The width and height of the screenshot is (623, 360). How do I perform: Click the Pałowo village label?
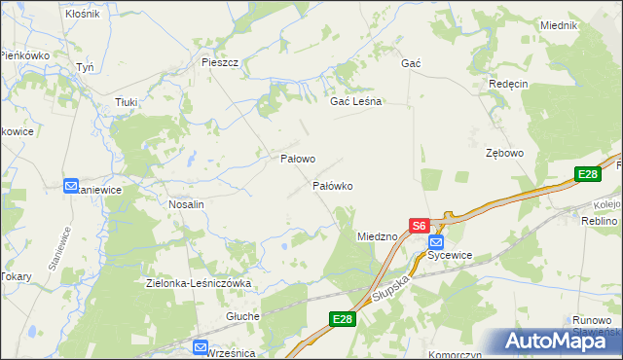tap(298, 158)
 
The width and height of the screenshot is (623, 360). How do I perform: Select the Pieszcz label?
tap(220, 62)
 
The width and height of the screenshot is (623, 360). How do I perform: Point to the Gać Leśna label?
tap(356, 101)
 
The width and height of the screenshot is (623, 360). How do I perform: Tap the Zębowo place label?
tap(505, 153)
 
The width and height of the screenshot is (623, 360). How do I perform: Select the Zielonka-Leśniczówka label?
tap(199, 283)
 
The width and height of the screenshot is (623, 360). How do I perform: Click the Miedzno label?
tap(377, 236)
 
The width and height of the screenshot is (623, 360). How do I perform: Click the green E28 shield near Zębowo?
tap(586, 174)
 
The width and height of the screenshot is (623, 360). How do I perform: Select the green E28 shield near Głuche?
tap(342, 319)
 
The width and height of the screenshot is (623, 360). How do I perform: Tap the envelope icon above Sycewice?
tap(435, 241)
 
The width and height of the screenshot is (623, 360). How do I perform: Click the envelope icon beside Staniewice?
tap(71, 185)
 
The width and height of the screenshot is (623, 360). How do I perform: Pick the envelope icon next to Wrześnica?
tap(200, 347)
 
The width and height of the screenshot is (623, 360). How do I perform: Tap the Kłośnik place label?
tap(82, 15)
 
